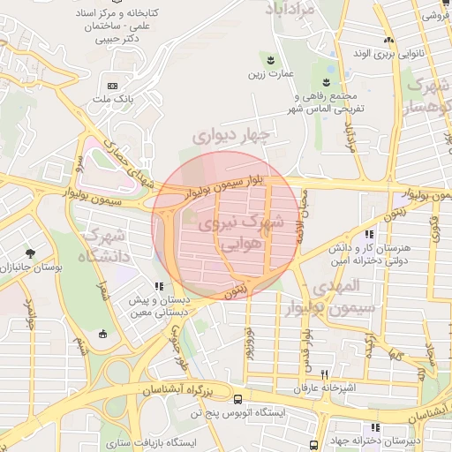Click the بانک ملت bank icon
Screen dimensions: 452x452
tap(112, 86)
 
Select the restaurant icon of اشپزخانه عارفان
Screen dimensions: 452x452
tap(325, 375)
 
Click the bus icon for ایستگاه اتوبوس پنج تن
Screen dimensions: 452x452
tap(192, 412)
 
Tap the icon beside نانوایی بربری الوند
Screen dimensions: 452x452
tap(388, 41)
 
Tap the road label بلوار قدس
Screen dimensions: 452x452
tap(305, 346)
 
